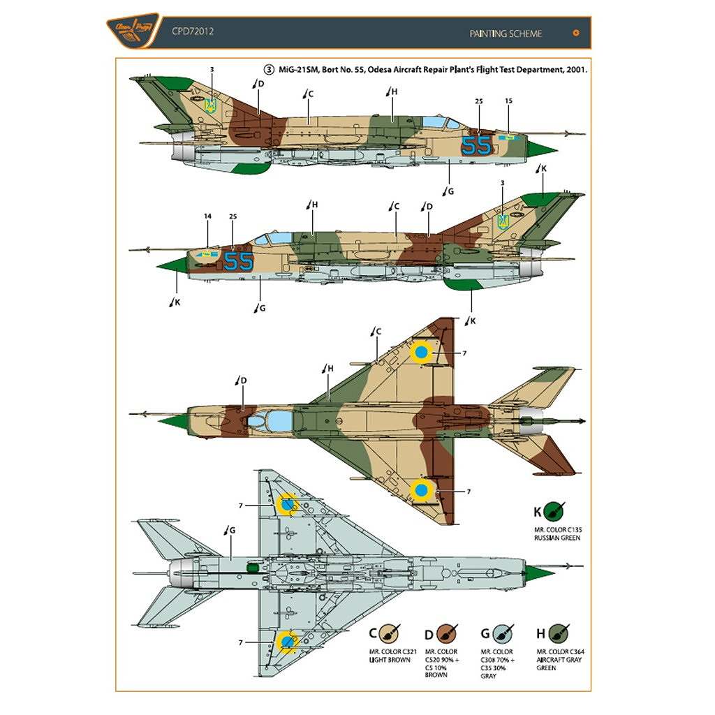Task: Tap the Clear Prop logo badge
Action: click(x=127, y=31)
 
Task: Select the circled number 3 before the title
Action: click(x=269, y=70)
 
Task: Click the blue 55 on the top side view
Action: click(x=477, y=145)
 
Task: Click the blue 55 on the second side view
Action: click(x=239, y=261)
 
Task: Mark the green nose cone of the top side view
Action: click(x=541, y=148)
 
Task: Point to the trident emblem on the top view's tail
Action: click(x=209, y=105)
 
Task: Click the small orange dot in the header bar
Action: click(x=575, y=32)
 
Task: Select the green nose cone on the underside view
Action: click(x=541, y=574)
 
